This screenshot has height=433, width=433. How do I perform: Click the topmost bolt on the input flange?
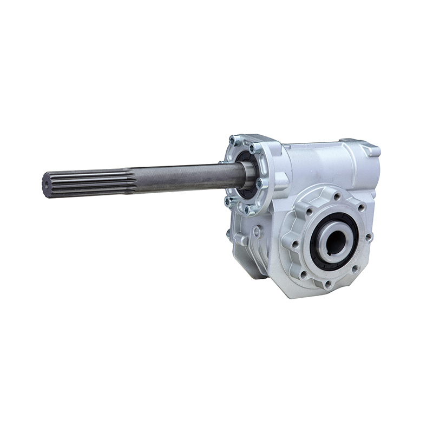pos(233,140)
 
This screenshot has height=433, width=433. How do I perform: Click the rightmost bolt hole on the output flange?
pos(369,237)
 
